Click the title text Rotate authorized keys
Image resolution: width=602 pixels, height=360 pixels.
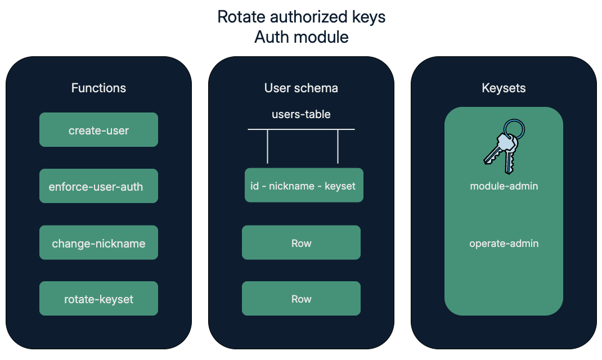[301, 17]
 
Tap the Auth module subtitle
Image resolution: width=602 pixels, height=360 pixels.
[301, 37]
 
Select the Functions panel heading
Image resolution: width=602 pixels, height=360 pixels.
[98, 88]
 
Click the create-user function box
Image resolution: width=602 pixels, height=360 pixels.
[98, 130]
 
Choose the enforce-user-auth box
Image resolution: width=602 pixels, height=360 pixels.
[98, 186]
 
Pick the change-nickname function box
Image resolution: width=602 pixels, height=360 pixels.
[98, 243]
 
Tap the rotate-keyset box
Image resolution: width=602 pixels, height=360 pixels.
[98, 299]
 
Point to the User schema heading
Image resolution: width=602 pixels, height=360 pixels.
[301, 88]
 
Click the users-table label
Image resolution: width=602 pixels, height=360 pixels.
[301, 114]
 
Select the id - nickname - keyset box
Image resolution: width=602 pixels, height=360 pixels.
[304, 185]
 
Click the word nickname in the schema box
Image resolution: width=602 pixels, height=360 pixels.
[292, 186]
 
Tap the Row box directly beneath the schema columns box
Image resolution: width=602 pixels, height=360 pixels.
[301, 243]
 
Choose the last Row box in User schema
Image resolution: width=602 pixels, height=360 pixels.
[301, 299]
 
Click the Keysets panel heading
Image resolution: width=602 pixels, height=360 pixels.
[504, 88]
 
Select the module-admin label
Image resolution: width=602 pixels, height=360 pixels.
[504, 186]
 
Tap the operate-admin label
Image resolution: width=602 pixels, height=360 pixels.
[504, 244]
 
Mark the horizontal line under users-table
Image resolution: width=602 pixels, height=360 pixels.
[301, 129]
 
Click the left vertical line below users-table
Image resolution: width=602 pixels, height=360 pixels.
[267, 146]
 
